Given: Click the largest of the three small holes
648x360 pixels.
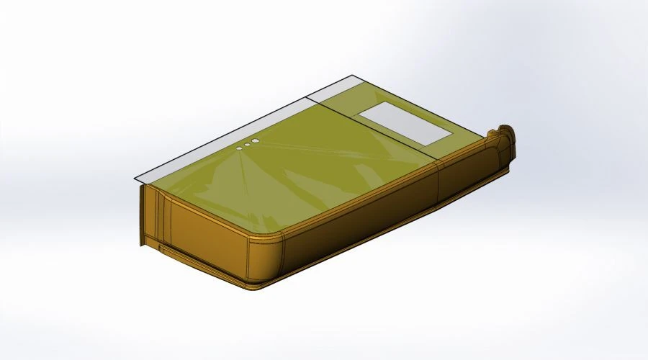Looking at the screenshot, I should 255,142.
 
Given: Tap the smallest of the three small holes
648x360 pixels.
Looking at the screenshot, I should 240,148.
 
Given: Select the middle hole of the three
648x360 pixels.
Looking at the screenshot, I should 247,145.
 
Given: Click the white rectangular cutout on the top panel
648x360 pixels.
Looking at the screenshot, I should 404,121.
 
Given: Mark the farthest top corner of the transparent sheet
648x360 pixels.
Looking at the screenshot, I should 354,75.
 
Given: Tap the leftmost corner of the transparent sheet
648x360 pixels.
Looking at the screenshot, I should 134,179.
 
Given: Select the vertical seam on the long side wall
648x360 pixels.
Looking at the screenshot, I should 438,183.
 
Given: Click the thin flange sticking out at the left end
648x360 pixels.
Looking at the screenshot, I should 141,216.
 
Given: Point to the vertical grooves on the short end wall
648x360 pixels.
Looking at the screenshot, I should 163,216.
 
